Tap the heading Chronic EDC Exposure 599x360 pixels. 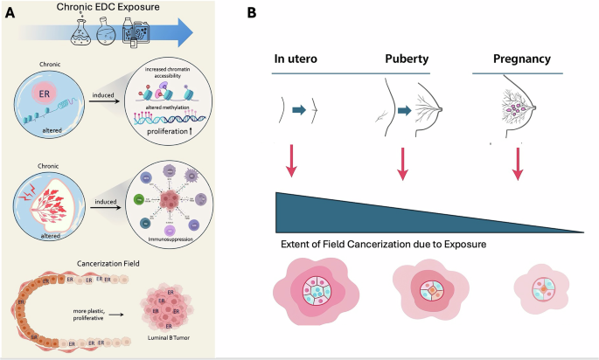[120, 8]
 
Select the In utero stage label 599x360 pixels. [295, 60]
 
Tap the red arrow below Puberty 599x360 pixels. [403, 164]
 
